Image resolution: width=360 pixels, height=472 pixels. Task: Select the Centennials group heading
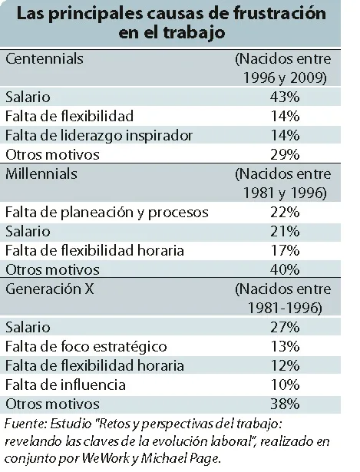(45, 58)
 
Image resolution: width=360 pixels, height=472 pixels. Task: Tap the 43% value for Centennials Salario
(285, 97)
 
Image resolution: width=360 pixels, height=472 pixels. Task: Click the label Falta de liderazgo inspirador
(99, 135)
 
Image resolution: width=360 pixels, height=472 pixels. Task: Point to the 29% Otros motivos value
(285, 154)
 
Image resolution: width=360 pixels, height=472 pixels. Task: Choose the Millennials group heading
(41, 174)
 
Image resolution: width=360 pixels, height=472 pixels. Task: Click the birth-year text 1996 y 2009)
(285, 78)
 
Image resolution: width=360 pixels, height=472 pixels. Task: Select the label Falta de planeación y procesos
(107, 213)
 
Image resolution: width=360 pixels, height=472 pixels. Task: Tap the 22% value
(285, 213)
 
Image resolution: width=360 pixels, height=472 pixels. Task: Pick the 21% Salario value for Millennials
(285, 232)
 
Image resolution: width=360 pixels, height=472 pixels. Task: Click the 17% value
(285, 250)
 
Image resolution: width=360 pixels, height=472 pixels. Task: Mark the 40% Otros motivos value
(285, 269)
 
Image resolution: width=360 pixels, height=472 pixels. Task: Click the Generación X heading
(50, 289)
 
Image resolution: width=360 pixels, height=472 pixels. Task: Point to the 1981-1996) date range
(285, 309)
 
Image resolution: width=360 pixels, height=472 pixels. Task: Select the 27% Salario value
(285, 327)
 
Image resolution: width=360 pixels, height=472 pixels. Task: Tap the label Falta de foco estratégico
(86, 347)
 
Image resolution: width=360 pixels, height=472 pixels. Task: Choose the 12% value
(285, 366)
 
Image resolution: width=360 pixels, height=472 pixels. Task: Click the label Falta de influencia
(65, 385)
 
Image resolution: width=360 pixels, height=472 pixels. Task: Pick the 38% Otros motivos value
(285, 404)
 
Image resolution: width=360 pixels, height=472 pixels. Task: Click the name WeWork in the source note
(106, 458)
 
